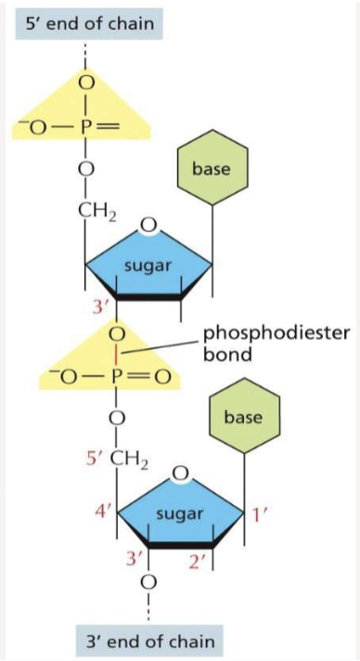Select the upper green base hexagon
(x=212, y=169)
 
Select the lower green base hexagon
(x=244, y=417)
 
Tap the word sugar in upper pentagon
(x=148, y=266)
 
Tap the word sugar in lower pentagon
(x=179, y=512)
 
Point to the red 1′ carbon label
(x=258, y=511)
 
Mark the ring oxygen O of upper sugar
(x=148, y=225)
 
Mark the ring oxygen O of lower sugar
(x=181, y=475)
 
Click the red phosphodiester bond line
(x=116, y=354)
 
